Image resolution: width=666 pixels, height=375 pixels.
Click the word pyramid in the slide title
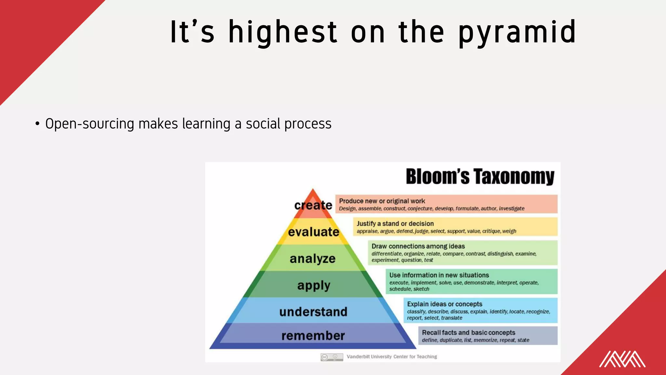517,33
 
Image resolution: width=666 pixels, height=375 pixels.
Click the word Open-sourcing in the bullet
89,124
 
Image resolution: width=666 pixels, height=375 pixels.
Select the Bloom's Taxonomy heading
480,177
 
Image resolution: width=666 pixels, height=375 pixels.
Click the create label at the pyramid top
313,205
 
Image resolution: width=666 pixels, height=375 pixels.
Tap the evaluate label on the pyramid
313,232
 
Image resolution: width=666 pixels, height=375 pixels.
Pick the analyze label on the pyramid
313,259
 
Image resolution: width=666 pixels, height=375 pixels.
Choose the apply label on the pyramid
313,285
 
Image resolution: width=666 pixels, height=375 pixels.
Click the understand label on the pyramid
313,312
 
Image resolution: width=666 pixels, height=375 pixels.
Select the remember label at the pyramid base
313,336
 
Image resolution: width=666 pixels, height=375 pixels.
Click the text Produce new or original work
382,201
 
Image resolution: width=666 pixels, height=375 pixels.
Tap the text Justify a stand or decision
395,224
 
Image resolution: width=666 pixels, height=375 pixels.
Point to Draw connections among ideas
418,246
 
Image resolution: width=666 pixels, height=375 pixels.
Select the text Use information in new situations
439,275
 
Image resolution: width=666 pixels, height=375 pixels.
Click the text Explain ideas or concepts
445,304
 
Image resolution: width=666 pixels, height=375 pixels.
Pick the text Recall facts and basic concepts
468,332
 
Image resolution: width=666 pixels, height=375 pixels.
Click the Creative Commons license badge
332,357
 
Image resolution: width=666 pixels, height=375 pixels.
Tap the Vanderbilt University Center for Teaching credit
392,357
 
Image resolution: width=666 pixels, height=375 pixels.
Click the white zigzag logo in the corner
622,359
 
